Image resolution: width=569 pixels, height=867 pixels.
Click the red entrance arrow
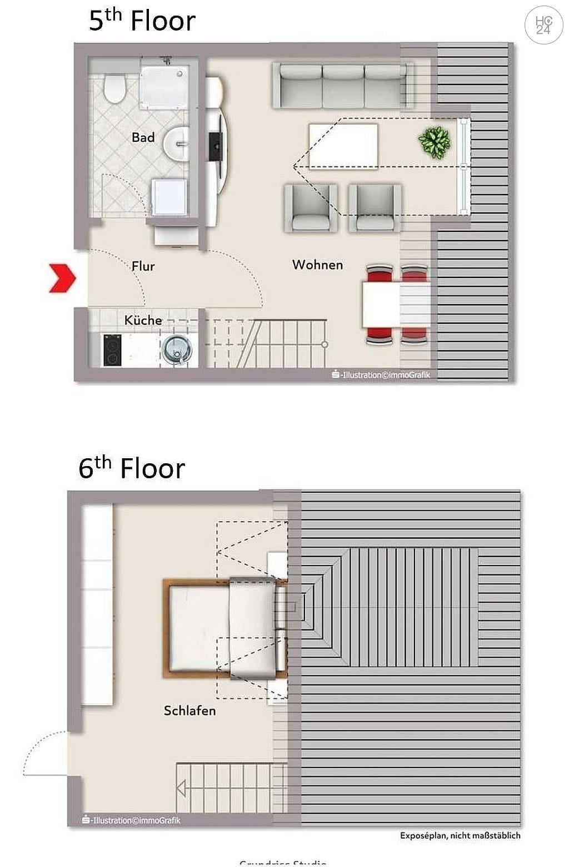pos(62,278)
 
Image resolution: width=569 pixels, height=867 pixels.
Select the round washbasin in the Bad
pos(177,143)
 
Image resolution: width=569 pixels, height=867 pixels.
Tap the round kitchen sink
pos(177,349)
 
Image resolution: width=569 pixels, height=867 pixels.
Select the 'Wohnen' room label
pos(317,265)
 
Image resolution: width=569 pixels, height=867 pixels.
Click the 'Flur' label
pos(143,266)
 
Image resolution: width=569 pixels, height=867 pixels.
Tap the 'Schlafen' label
pos(189,711)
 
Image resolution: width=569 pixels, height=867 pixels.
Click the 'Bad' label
pos(143,137)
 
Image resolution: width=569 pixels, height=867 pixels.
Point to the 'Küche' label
pos(143,320)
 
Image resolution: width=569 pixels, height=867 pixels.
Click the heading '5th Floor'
pos(142,21)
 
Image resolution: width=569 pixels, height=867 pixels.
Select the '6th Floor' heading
pos(132,468)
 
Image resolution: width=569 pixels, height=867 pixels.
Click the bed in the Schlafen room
pos(222,628)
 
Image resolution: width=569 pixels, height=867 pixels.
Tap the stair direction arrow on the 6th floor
pos(181,789)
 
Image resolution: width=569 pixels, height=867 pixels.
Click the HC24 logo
pos(543,25)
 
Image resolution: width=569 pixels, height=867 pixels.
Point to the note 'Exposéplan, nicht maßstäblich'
pos(460,835)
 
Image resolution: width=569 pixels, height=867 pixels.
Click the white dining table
pos(396,305)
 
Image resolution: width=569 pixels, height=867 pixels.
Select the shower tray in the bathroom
pos(163,87)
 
